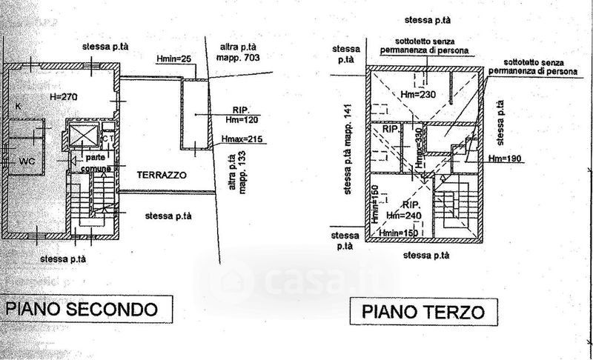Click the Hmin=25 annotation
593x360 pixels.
pyautogui.click(x=174, y=57)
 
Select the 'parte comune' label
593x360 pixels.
pyautogui.click(x=97, y=164)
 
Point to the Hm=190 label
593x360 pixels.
pyautogui.click(x=506, y=159)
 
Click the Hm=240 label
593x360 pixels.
pyautogui.click(x=405, y=215)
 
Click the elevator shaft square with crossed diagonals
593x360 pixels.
pyautogui.click(x=82, y=136)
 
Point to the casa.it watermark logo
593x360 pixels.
pyautogui.click(x=296, y=282)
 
